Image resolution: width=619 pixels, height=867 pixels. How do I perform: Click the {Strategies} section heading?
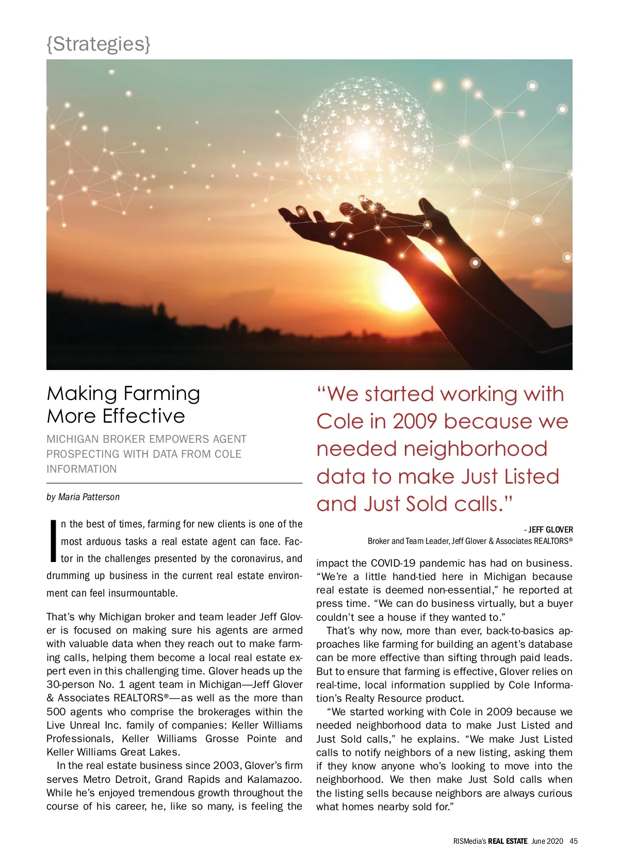click(x=98, y=44)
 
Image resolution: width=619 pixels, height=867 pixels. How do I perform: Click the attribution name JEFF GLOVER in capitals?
click(x=550, y=530)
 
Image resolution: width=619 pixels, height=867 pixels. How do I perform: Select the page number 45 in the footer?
click(x=574, y=841)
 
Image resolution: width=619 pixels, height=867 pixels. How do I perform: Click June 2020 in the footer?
click(x=547, y=841)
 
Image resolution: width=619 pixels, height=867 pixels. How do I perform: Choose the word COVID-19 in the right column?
click(x=397, y=563)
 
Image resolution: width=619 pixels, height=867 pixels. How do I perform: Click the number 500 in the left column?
click(x=56, y=712)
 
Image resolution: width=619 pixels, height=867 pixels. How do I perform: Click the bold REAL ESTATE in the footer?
click(x=508, y=841)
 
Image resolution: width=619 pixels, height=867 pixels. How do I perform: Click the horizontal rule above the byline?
click(x=174, y=483)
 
